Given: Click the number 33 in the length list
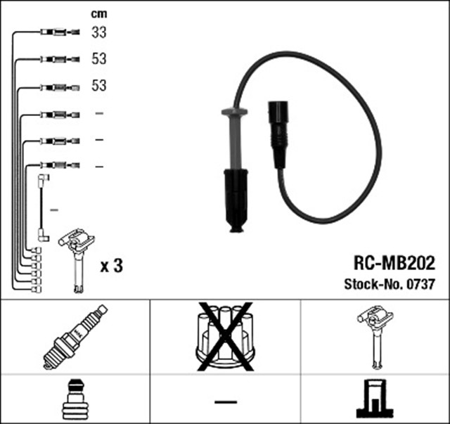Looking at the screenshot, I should click(99, 32).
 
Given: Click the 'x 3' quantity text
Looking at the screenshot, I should click(112, 266).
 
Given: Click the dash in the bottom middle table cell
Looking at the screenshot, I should click(225, 401).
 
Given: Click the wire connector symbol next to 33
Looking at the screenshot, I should click(60, 32).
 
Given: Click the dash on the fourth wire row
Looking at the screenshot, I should click(99, 114).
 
